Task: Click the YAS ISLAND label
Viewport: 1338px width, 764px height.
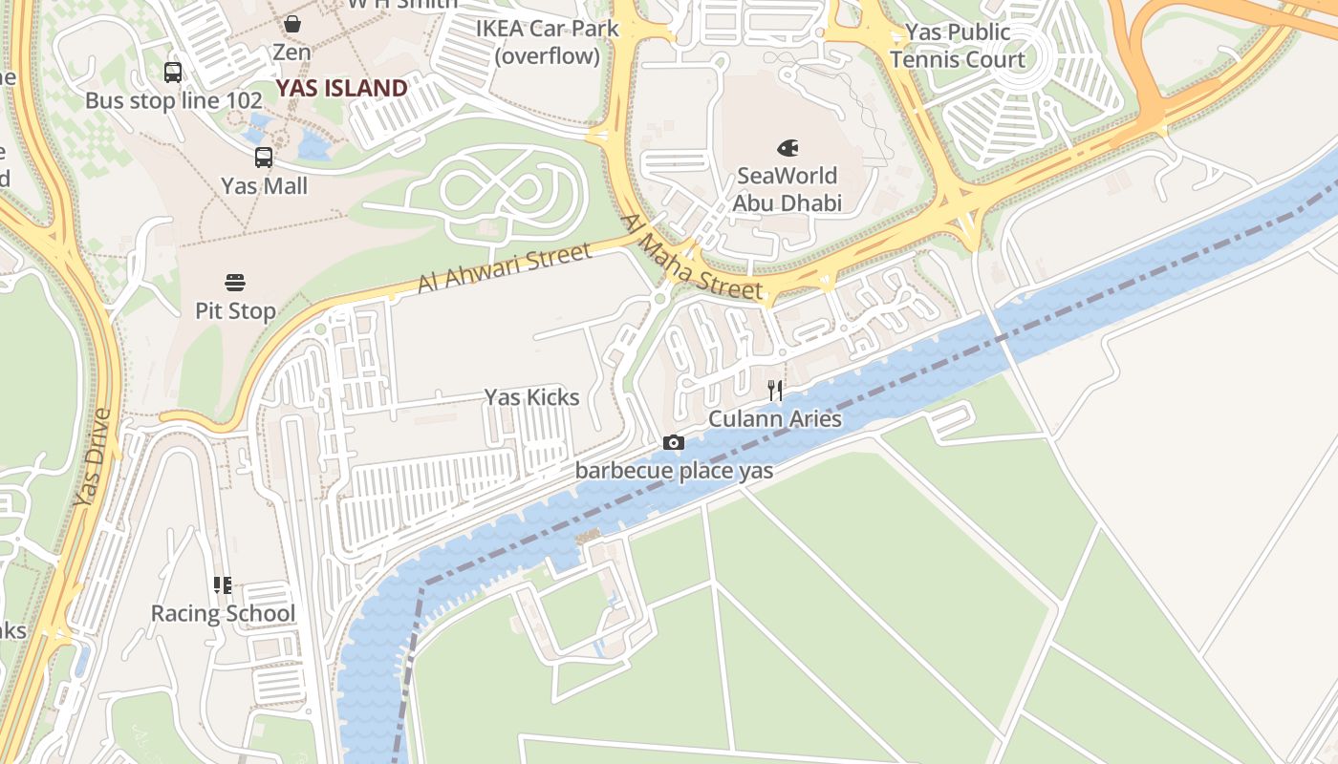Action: pyautogui.click(x=341, y=89)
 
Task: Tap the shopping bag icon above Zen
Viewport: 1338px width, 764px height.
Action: pyautogui.click(x=291, y=24)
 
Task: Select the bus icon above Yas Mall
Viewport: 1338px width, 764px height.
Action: pyautogui.click(x=264, y=158)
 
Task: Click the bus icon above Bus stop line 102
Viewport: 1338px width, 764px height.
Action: pyautogui.click(x=173, y=73)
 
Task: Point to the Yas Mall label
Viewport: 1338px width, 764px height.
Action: pyautogui.click(x=265, y=185)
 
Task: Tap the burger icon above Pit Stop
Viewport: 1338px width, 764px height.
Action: pyautogui.click(x=235, y=283)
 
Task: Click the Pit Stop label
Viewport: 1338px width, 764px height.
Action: pyautogui.click(x=235, y=310)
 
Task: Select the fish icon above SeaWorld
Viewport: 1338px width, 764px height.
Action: pyautogui.click(x=788, y=148)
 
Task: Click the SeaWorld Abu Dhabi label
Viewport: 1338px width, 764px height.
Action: pyautogui.click(x=787, y=189)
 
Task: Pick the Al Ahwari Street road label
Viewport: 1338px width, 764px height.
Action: pyautogui.click(x=505, y=268)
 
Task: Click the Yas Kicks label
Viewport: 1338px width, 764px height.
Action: pyautogui.click(x=531, y=397)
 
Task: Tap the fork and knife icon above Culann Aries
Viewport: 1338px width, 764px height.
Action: pyautogui.click(x=775, y=390)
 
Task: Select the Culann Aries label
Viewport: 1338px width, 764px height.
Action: pyautogui.click(x=775, y=419)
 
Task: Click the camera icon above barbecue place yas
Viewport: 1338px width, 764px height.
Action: pyautogui.click(x=674, y=442)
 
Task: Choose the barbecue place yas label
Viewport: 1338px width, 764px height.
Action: pyautogui.click(x=674, y=471)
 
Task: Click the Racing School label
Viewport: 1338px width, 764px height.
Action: pyautogui.click(x=223, y=613)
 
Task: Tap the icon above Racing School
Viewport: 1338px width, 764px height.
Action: pyautogui.click(x=223, y=584)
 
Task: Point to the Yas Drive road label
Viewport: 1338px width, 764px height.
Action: pyautogui.click(x=93, y=458)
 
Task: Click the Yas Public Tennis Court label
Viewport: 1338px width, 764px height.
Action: pyautogui.click(x=958, y=46)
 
